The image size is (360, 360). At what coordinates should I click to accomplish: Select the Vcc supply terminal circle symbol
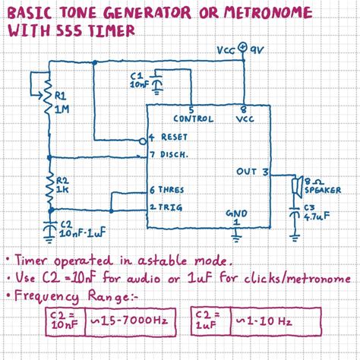click(x=242, y=49)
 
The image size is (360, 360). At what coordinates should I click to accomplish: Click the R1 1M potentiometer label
click(x=62, y=103)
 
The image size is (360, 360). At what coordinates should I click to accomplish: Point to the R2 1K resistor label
click(x=62, y=185)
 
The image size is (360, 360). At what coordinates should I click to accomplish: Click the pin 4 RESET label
click(x=168, y=137)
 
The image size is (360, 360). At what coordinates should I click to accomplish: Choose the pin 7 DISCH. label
click(x=169, y=155)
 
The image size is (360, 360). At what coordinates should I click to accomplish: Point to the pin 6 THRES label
click(x=168, y=189)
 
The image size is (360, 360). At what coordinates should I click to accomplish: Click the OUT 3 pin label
click(x=252, y=172)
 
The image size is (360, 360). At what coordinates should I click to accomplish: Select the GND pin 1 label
click(x=236, y=217)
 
